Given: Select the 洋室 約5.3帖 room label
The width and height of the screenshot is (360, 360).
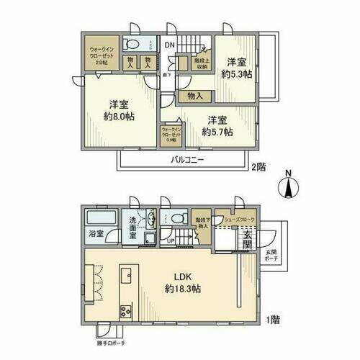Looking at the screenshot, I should tap(235, 68).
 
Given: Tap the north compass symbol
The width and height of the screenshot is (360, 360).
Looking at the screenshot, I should tap(287, 186).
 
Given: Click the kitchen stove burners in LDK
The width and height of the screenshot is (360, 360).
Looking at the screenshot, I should tap(125, 311).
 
